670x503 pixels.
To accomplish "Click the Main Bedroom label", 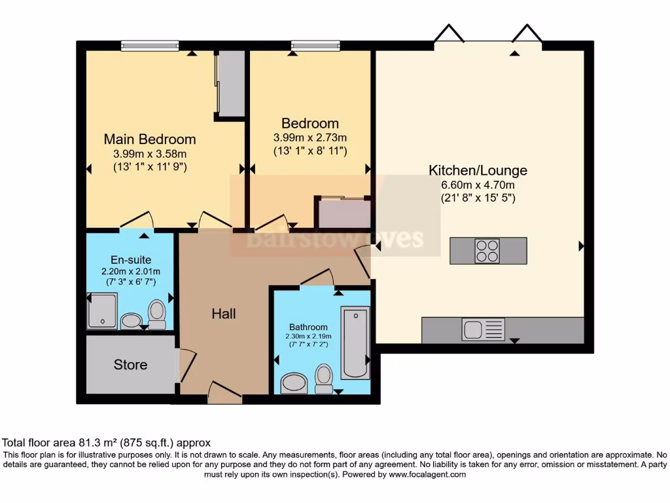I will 150,139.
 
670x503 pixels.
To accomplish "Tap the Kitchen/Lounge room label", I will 478,170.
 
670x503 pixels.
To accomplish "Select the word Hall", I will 224,314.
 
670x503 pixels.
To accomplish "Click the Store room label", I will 130,364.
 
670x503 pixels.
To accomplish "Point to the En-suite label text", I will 131,260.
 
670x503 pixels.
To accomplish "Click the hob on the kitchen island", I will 487,250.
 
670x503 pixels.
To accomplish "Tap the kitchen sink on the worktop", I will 484,329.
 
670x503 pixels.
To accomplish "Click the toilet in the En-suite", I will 157,313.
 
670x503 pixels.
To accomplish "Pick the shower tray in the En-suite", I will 102,310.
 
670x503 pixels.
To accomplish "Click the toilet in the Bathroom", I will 324,379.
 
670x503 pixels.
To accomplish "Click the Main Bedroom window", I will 150,45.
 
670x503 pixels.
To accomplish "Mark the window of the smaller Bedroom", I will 315,45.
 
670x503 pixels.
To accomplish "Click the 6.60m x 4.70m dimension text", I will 478,185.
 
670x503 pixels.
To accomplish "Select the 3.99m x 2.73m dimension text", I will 310,138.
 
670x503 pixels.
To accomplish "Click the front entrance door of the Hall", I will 224,393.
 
